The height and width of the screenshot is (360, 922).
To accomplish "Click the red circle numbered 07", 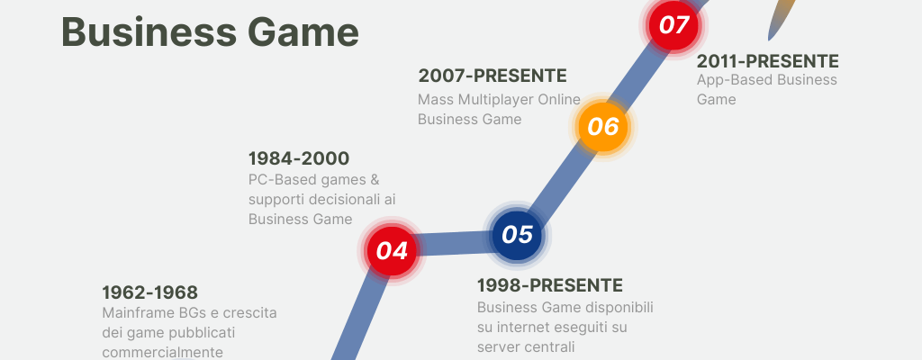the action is (x=673, y=25).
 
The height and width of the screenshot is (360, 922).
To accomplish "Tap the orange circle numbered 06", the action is (x=603, y=127).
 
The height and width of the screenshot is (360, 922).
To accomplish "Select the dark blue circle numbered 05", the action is (x=517, y=235).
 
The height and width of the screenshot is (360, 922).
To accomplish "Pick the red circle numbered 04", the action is (x=392, y=250).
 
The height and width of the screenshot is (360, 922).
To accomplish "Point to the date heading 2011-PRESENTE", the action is (x=767, y=61).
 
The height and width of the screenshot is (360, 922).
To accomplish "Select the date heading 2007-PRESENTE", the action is (x=493, y=76).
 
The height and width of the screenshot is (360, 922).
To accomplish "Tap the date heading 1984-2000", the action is (x=299, y=158).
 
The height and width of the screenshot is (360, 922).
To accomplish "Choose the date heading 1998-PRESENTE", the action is (x=550, y=285).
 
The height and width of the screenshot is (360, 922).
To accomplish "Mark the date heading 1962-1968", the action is (x=150, y=292).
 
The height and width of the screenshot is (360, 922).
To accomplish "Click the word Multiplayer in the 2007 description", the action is (x=492, y=100).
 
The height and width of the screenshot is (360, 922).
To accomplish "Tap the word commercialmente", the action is (x=163, y=353).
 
